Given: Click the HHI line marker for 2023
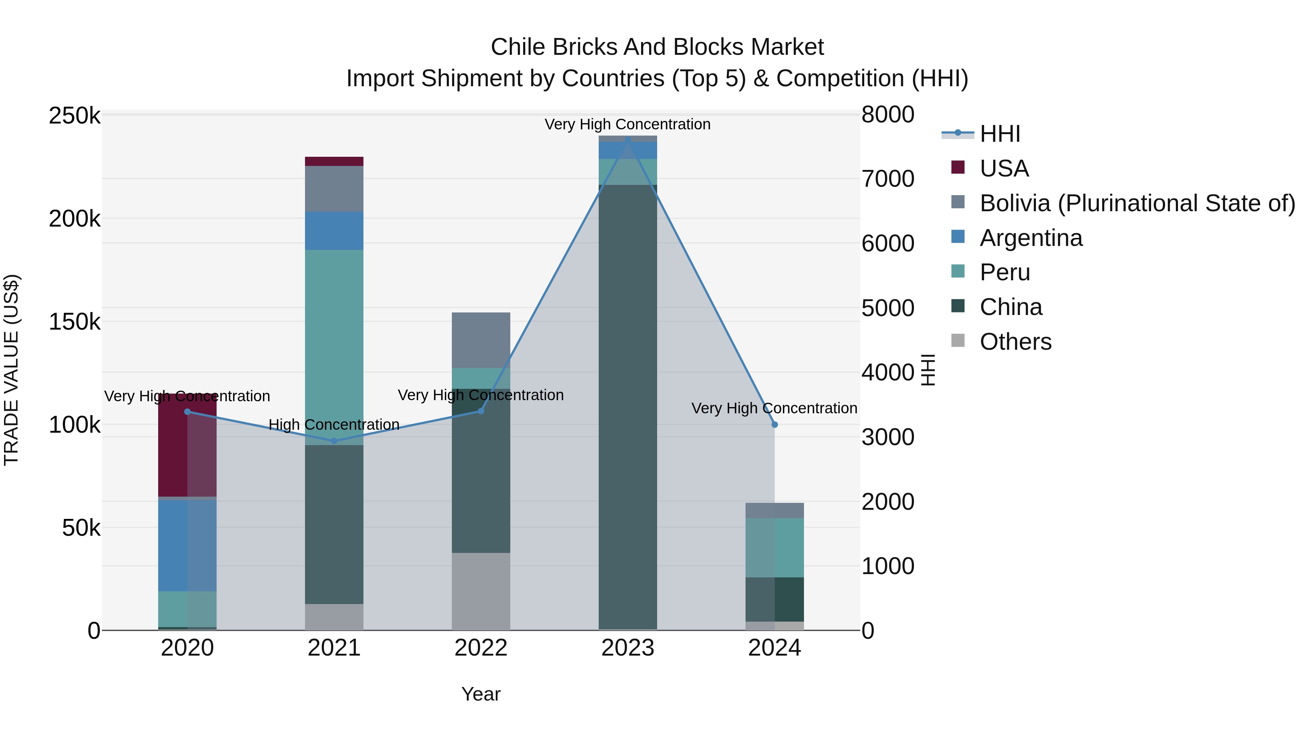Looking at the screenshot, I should (x=628, y=140).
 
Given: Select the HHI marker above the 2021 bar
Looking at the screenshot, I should (x=334, y=441).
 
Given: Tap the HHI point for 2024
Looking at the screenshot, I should (x=774, y=424).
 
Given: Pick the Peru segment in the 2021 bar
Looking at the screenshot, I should (x=334, y=347).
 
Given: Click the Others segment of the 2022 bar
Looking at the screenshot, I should (x=481, y=591).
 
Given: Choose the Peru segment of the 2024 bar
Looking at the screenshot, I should (x=774, y=547).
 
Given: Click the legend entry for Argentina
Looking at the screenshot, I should (x=1031, y=238).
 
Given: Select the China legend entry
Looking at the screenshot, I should (x=1011, y=307).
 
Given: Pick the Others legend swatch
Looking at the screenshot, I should (x=958, y=341).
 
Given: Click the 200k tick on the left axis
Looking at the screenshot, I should (x=75, y=219).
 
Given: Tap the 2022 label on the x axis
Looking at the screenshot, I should (x=481, y=648).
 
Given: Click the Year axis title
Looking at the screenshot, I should (x=481, y=694).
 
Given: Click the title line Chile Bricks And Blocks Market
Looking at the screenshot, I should (x=657, y=47).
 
